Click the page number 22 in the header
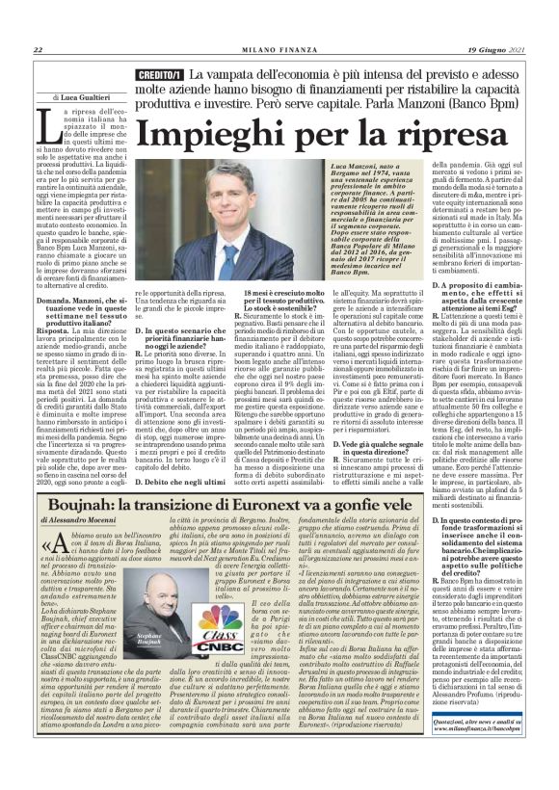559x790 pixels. click(x=38, y=51)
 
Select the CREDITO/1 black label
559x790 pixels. click(x=160, y=74)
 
